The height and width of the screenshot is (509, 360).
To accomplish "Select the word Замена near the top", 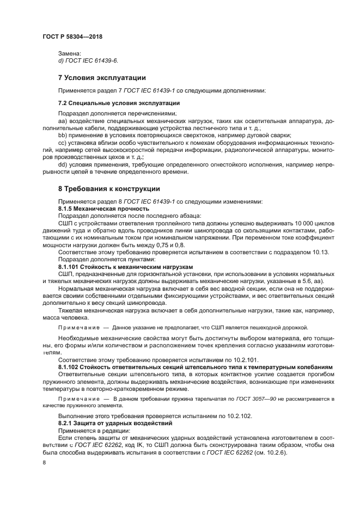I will (x=69, y=53).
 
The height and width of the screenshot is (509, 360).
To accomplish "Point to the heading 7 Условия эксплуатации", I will (x=102, y=77).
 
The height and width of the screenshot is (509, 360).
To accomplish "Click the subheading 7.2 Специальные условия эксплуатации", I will (x=119, y=103).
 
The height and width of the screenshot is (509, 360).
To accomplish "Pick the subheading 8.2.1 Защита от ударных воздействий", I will (x=115, y=422).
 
